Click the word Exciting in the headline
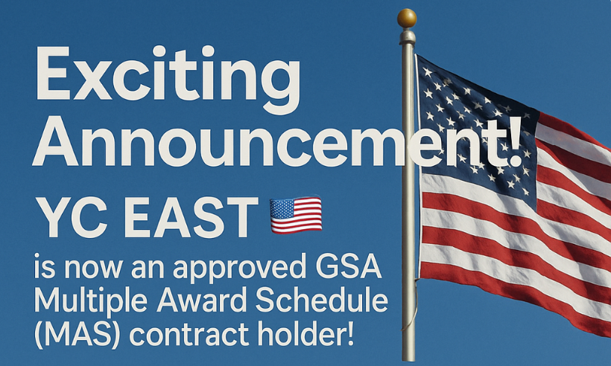168,80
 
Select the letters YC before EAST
73,217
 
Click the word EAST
191,217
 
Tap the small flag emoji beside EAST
296,215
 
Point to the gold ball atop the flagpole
407,19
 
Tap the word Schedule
322,301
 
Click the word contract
189,335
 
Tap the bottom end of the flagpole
408,359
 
